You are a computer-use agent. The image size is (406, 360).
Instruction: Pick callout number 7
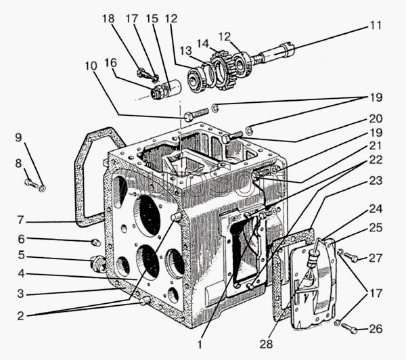click(x=21, y=220)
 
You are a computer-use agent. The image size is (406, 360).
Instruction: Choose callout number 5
click(x=21, y=256)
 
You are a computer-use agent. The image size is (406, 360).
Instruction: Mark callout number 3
click(x=21, y=294)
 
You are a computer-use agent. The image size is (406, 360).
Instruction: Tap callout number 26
click(x=376, y=330)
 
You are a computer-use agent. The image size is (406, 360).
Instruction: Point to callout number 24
click(x=376, y=209)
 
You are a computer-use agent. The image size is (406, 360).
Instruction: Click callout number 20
click(x=376, y=118)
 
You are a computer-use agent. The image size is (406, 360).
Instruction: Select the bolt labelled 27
click(x=351, y=258)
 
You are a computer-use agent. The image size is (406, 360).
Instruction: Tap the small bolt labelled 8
click(x=30, y=183)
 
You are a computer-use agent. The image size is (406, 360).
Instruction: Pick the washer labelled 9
click(x=42, y=187)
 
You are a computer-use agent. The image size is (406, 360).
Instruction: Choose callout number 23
click(x=376, y=181)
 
